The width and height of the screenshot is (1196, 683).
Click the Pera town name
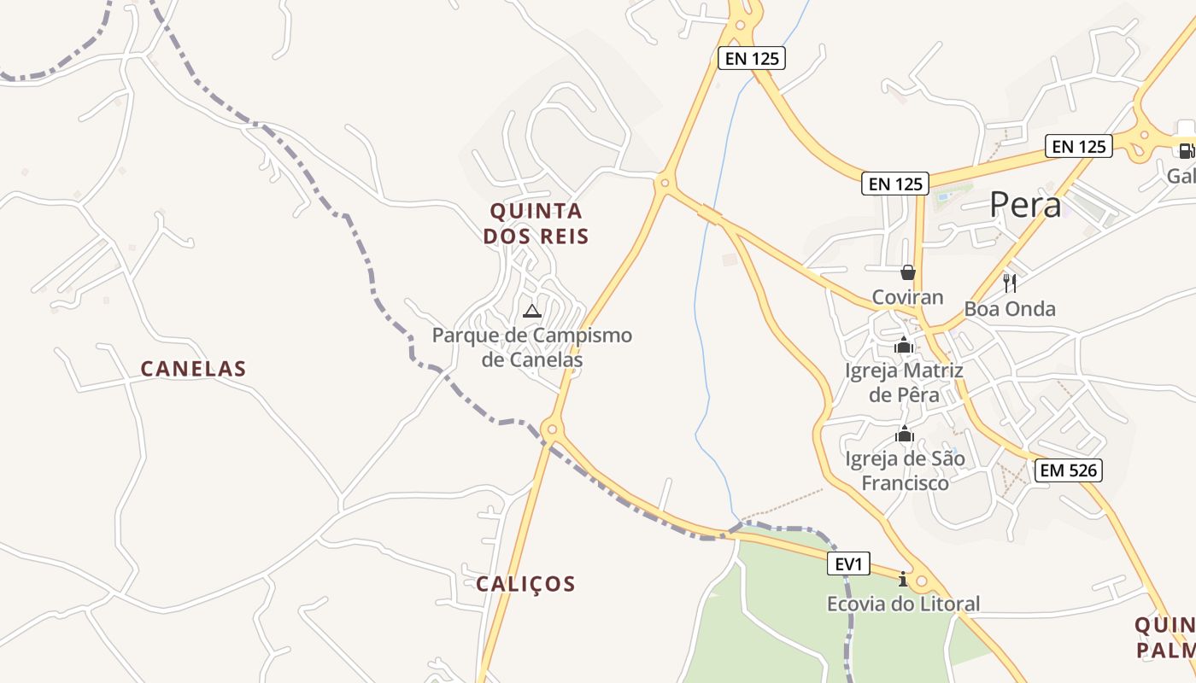tap(1025, 205)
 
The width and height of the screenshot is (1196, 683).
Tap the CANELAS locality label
tap(193, 369)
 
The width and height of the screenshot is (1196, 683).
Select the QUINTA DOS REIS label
tap(536, 224)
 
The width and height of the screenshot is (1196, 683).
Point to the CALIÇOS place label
tap(525, 584)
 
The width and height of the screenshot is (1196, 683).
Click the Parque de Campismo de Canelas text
tap(532, 347)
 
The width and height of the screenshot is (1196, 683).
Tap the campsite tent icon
tap(532, 311)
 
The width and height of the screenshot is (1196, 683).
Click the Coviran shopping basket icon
tap(907, 272)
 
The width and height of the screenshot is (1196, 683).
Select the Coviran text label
tap(907, 297)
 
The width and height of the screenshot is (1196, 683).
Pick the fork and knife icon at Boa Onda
tap(1010, 283)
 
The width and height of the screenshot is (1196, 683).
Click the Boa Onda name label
tap(1010, 309)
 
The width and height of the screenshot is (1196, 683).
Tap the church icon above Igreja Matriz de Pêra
tap(904, 346)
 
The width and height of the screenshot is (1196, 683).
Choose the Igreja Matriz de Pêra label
tap(904, 382)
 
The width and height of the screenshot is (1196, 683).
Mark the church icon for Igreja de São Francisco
tap(904, 434)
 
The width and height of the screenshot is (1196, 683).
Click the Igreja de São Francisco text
tap(905, 471)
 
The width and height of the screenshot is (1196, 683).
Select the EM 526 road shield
tap(1068, 470)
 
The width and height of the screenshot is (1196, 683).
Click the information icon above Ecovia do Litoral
tap(903, 580)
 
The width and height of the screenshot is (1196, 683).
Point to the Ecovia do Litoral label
tap(903, 604)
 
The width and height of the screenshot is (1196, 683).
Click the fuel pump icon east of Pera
tap(1186, 151)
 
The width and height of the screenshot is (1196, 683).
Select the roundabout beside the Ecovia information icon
tap(921, 582)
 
